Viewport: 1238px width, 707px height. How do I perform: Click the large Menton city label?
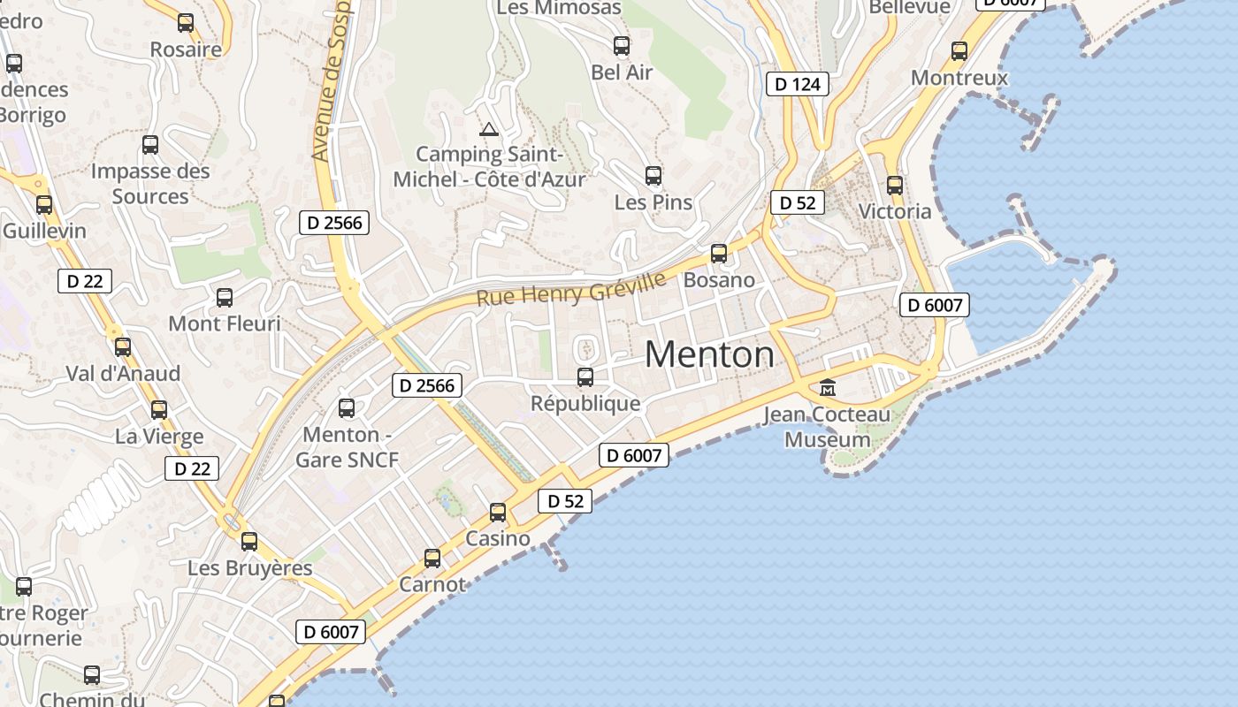(x=709, y=354)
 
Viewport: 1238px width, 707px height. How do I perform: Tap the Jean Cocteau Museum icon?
(x=828, y=387)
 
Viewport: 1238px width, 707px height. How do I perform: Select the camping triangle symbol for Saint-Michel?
(x=489, y=130)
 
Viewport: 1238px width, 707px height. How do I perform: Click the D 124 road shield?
(x=798, y=84)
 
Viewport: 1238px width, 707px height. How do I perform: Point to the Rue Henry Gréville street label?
(x=571, y=289)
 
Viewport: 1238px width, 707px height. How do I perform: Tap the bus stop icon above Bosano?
(x=719, y=254)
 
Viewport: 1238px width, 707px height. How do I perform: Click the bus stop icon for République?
(x=585, y=377)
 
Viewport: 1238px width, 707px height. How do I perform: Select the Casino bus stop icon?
(x=498, y=513)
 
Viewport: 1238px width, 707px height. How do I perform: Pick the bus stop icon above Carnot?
(x=432, y=559)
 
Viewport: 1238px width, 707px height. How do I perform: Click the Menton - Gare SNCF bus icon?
(x=347, y=408)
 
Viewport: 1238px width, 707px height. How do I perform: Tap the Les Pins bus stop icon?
(x=653, y=176)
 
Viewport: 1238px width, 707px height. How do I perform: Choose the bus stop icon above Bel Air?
(x=622, y=46)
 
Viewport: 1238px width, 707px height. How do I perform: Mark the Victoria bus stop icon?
(x=895, y=186)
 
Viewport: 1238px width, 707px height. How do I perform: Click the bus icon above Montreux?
(x=959, y=51)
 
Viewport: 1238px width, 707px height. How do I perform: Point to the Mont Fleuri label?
(x=225, y=323)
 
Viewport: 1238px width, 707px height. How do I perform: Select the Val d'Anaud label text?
(x=123, y=373)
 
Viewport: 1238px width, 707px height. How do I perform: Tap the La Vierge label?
(x=159, y=437)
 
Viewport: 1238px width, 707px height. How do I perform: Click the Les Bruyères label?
(x=250, y=567)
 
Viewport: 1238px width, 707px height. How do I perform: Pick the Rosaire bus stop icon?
(x=186, y=23)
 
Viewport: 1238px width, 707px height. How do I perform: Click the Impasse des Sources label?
(x=150, y=183)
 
